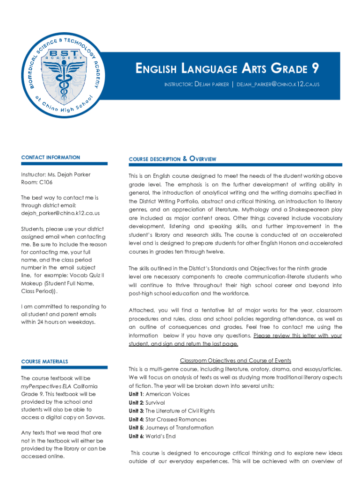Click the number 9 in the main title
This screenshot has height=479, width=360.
pyautogui.click(x=316, y=69)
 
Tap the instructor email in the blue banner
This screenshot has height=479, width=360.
pyautogui.click(x=278, y=84)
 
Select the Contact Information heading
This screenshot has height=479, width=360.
pyautogui.click(x=50, y=158)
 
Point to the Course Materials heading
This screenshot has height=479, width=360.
pyautogui.click(x=44, y=362)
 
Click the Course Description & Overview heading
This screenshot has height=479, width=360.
pyautogui.click(x=173, y=159)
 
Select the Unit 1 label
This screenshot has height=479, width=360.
pyautogui.click(x=136, y=394)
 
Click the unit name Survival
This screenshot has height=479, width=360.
pyautogui.click(x=155, y=403)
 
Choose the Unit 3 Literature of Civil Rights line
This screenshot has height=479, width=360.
pyautogui.click(x=172, y=411)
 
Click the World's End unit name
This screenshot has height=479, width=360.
pyautogui.click(x=161, y=436)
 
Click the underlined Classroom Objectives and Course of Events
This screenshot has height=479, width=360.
pyautogui.click(x=235, y=361)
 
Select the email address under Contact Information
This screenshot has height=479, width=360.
pyautogui.click(x=60, y=213)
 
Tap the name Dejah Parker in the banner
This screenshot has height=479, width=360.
pyautogui.click(x=211, y=84)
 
